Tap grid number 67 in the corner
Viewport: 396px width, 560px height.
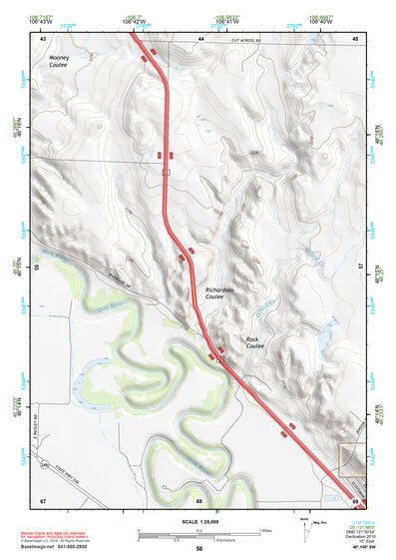(43, 499)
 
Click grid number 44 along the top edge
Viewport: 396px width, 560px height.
(200, 38)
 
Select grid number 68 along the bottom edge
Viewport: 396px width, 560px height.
(199, 499)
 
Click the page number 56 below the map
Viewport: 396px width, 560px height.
(199, 549)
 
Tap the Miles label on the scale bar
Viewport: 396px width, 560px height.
(265, 529)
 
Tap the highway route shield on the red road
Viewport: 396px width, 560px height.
(166, 172)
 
